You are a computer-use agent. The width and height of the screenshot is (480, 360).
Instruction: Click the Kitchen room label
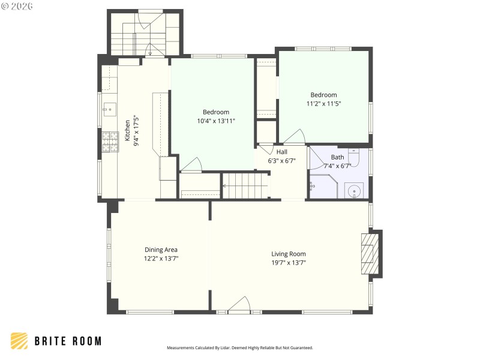pyautogui.click(x=127, y=131)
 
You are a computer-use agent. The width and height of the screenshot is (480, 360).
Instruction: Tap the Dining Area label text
pyautogui.click(x=161, y=250)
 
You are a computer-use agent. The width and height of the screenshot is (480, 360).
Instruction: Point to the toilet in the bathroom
pyautogui.click(x=353, y=158)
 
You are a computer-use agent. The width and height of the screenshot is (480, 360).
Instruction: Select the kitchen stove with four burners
pyautogui.click(x=109, y=142)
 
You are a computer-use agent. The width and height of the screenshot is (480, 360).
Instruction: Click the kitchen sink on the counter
pyautogui.click(x=109, y=108)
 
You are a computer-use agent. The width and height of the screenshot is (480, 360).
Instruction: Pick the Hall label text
pyautogui.click(x=282, y=152)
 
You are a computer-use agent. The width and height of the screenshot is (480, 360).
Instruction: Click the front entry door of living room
pyautogui.click(x=239, y=305)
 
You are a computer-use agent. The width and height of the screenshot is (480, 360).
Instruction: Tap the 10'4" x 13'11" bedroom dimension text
pyautogui.click(x=215, y=121)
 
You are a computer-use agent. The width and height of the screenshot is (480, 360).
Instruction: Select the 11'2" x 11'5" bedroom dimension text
pyautogui.click(x=323, y=103)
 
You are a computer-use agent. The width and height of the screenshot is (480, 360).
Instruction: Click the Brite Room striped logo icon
pyautogui.click(x=19, y=341)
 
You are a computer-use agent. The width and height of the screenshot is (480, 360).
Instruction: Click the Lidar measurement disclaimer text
pyautogui.click(x=239, y=347)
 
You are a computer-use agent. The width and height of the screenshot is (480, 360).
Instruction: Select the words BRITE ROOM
pyautogui.click(x=67, y=341)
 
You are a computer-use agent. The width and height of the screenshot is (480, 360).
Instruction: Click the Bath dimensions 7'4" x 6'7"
pyautogui.click(x=337, y=166)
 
